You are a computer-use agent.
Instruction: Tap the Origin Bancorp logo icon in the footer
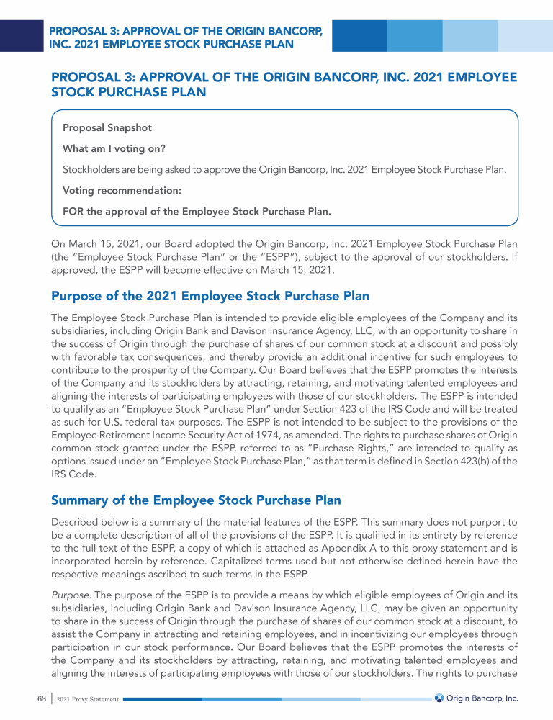tap(439, 698)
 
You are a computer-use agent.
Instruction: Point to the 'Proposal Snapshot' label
tap(107, 127)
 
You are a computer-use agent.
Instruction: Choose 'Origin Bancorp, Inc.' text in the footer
tap(482, 698)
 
